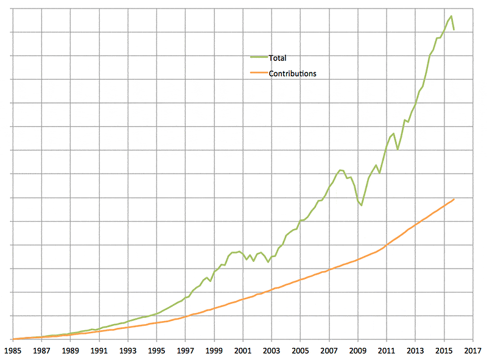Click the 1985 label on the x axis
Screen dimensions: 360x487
[x=12, y=351]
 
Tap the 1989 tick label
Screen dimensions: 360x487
[x=70, y=351]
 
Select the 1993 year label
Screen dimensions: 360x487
[x=127, y=351]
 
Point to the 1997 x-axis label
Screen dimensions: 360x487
[x=185, y=351]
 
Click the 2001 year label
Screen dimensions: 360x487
[x=243, y=351]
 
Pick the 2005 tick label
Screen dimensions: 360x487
[x=300, y=351]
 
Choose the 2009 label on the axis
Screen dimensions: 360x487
[x=358, y=351]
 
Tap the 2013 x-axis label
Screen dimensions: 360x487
[x=415, y=351]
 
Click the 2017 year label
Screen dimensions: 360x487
[x=473, y=351]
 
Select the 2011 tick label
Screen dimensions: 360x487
[x=387, y=351]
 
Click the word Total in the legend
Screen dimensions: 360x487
[x=277, y=58]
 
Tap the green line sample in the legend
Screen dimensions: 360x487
[x=259, y=58]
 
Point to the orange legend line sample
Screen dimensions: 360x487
[x=259, y=73]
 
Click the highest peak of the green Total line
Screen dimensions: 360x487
[x=451, y=16]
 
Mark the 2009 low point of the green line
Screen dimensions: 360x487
[x=362, y=205]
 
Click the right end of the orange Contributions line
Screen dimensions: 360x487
[x=454, y=199]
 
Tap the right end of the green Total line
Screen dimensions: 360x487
[x=454, y=29]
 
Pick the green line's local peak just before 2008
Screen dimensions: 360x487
[x=340, y=170]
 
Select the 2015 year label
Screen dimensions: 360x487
[x=444, y=351]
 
